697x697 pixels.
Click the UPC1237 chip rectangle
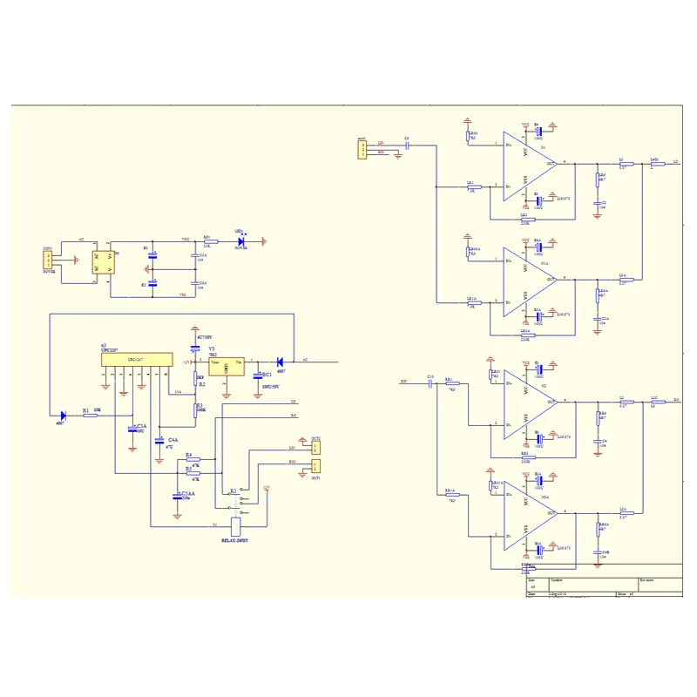(x=135, y=360)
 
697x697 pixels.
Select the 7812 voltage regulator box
(x=226, y=366)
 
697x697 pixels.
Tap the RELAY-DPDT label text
(x=234, y=541)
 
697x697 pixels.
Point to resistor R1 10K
(x=91, y=416)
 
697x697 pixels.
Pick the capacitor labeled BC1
(x=258, y=376)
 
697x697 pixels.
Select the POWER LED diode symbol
(x=241, y=241)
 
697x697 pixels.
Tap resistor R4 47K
(x=193, y=458)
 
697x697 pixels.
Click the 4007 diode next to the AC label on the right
(x=281, y=361)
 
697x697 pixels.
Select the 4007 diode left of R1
(x=64, y=416)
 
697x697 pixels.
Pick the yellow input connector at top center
(x=361, y=151)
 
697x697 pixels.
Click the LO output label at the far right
(x=675, y=162)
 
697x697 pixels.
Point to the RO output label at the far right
(x=675, y=402)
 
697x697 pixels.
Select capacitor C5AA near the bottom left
(x=178, y=497)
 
